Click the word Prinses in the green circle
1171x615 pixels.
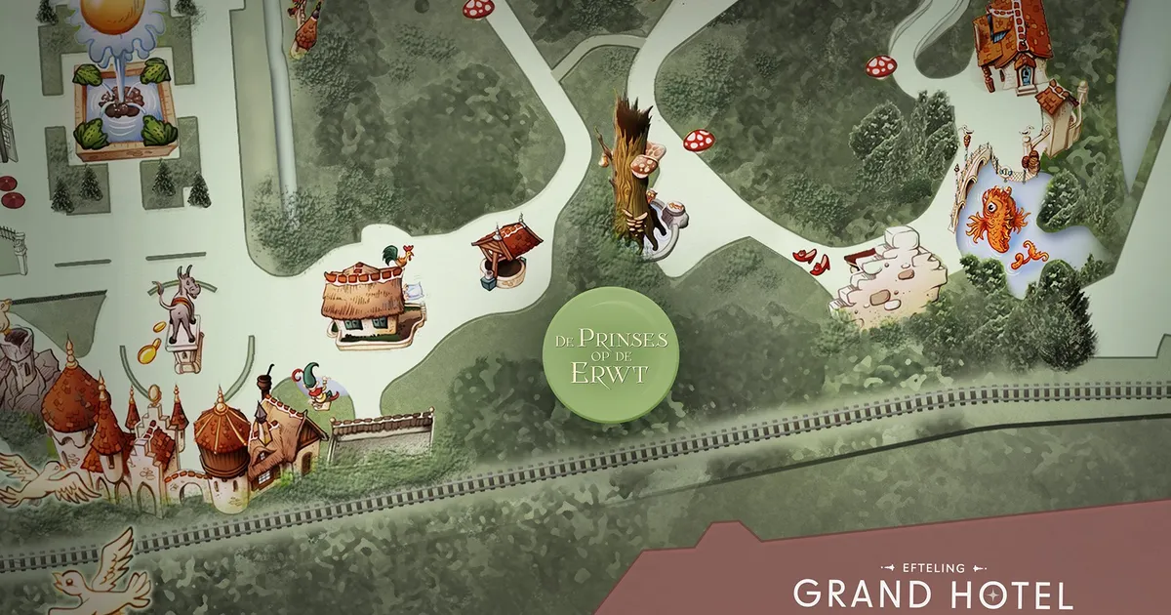tap(622, 341)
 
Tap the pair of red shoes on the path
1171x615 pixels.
tap(812, 259)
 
